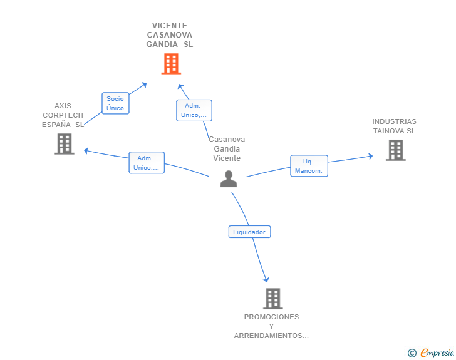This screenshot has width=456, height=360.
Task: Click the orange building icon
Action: [x=171, y=64]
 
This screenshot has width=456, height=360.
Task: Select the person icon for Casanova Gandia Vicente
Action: [x=229, y=178]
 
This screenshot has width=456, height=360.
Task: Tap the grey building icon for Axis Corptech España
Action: [x=65, y=143]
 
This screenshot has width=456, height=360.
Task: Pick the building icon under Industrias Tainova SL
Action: [x=396, y=150]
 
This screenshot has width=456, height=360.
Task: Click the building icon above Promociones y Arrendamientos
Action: [x=273, y=299]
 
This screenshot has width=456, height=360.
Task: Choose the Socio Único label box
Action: [x=115, y=103]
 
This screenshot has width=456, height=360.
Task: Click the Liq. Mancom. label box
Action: [x=309, y=166]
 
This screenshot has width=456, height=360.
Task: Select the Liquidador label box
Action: [x=249, y=232]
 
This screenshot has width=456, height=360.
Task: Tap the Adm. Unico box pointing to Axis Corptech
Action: [x=147, y=163]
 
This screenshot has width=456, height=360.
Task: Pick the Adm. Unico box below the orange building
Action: [x=194, y=110]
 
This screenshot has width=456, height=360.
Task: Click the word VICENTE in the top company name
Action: [x=170, y=26]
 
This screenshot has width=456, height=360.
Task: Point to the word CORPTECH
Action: [x=63, y=115]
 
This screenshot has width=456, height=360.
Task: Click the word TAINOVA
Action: [x=389, y=131]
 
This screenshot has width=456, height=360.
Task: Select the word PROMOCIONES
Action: [x=271, y=317]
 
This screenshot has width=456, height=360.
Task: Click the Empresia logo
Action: [x=437, y=352]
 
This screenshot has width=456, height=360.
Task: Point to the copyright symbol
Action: [x=412, y=353]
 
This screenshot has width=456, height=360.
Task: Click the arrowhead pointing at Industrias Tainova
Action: [x=371, y=156]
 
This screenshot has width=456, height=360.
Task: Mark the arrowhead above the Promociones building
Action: [x=266, y=280]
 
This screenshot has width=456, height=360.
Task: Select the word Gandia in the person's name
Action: [x=227, y=149]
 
